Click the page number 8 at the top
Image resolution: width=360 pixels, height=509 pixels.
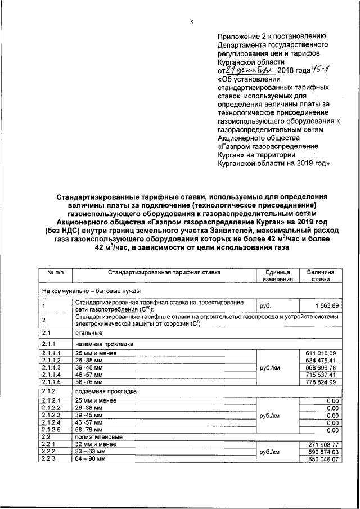coord(192,22)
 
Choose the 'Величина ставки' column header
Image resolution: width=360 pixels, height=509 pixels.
coord(321,275)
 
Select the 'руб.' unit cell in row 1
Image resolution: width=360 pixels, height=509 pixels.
coord(264,306)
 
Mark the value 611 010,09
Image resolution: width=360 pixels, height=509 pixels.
coord(320,352)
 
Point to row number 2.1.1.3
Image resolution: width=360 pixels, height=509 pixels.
coord(52,367)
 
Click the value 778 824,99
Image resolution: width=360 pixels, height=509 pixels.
coord(320,382)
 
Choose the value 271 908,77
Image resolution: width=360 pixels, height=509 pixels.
coord(320,444)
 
